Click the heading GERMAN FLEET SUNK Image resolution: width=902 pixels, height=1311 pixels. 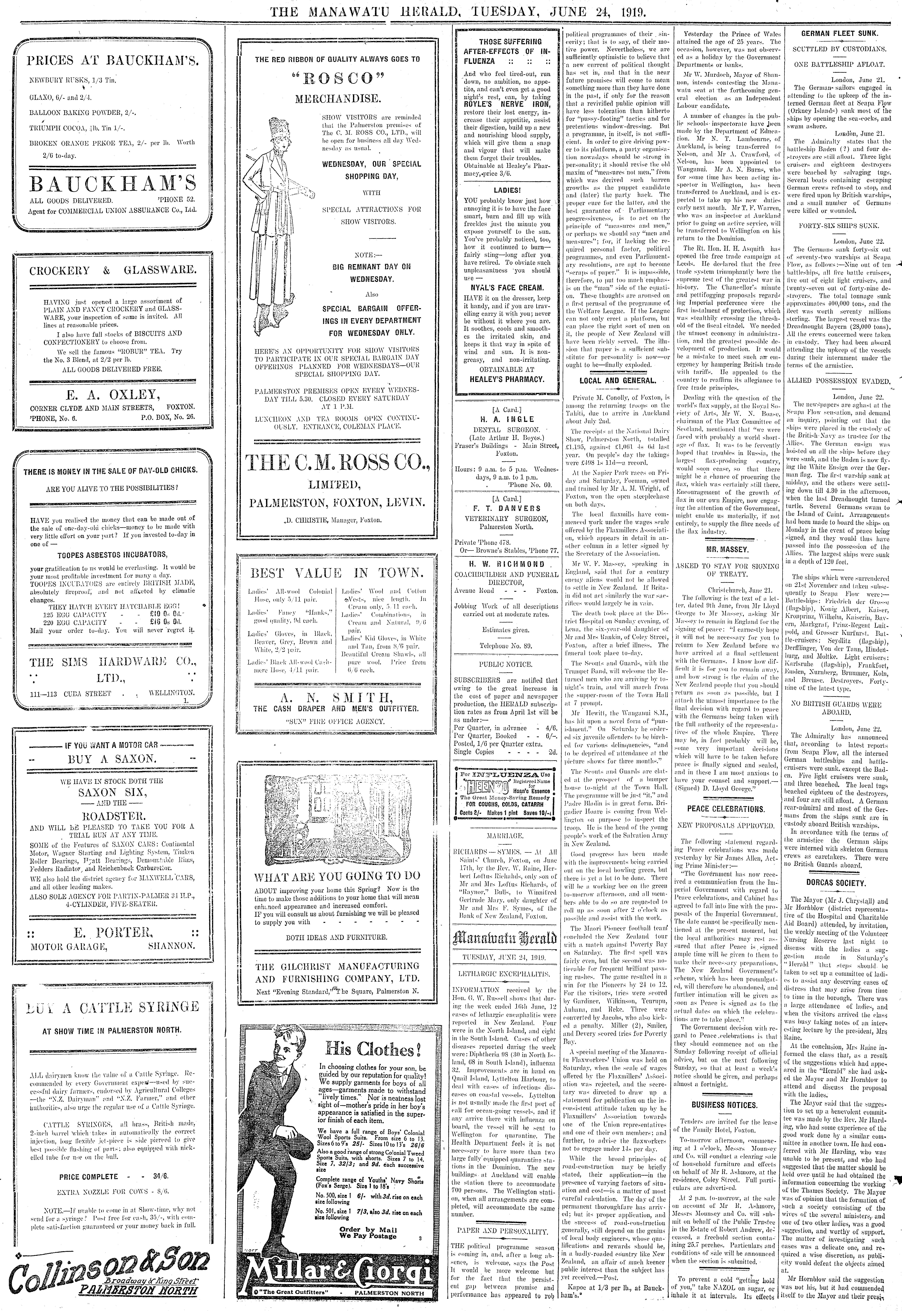pyautogui.click(x=838, y=33)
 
